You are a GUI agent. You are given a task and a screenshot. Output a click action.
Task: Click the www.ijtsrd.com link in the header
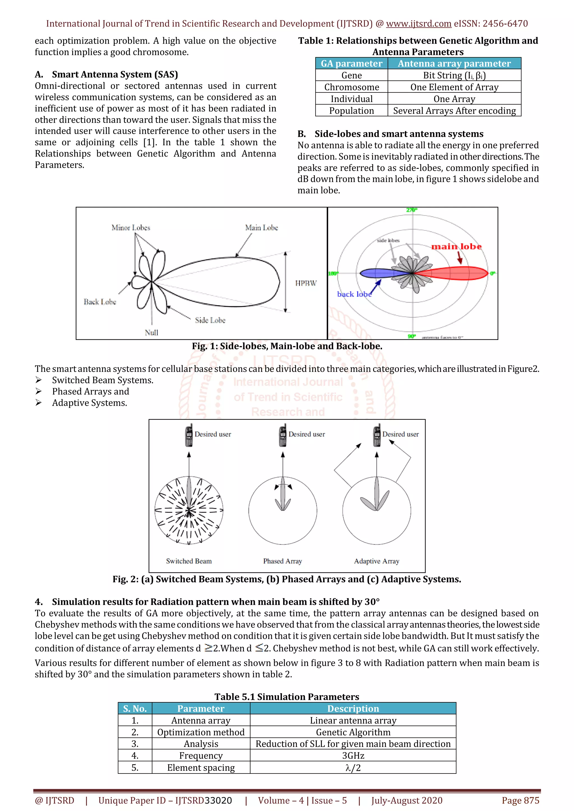click(418, 24)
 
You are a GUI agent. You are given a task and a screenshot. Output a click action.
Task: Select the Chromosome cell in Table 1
click(351, 87)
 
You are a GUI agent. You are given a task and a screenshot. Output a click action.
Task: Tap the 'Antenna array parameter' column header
click(454, 64)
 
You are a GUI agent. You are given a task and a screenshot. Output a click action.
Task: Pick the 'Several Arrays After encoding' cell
click(454, 111)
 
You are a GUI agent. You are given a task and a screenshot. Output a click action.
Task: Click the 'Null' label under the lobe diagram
click(152, 333)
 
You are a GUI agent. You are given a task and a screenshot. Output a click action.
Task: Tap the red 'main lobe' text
click(456, 246)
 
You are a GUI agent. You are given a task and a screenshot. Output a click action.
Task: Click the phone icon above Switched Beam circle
click(189, 435)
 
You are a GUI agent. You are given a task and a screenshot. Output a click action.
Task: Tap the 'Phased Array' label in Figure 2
click(283, 561)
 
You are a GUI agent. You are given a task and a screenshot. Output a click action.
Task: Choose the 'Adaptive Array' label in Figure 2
click(376, 561)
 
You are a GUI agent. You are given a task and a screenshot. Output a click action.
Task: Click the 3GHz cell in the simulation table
click(353, 756)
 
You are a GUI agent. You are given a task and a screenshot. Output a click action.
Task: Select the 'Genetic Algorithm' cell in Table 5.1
click(353, 732)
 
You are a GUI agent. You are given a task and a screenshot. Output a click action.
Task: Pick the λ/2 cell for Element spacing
click(353, 768)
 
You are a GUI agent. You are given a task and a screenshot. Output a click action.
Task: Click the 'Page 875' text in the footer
click(520, 800)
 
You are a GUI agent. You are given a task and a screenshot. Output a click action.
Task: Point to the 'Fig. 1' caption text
click(287, 346)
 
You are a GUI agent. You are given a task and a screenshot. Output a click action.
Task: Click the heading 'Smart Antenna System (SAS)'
click(115, 74)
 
